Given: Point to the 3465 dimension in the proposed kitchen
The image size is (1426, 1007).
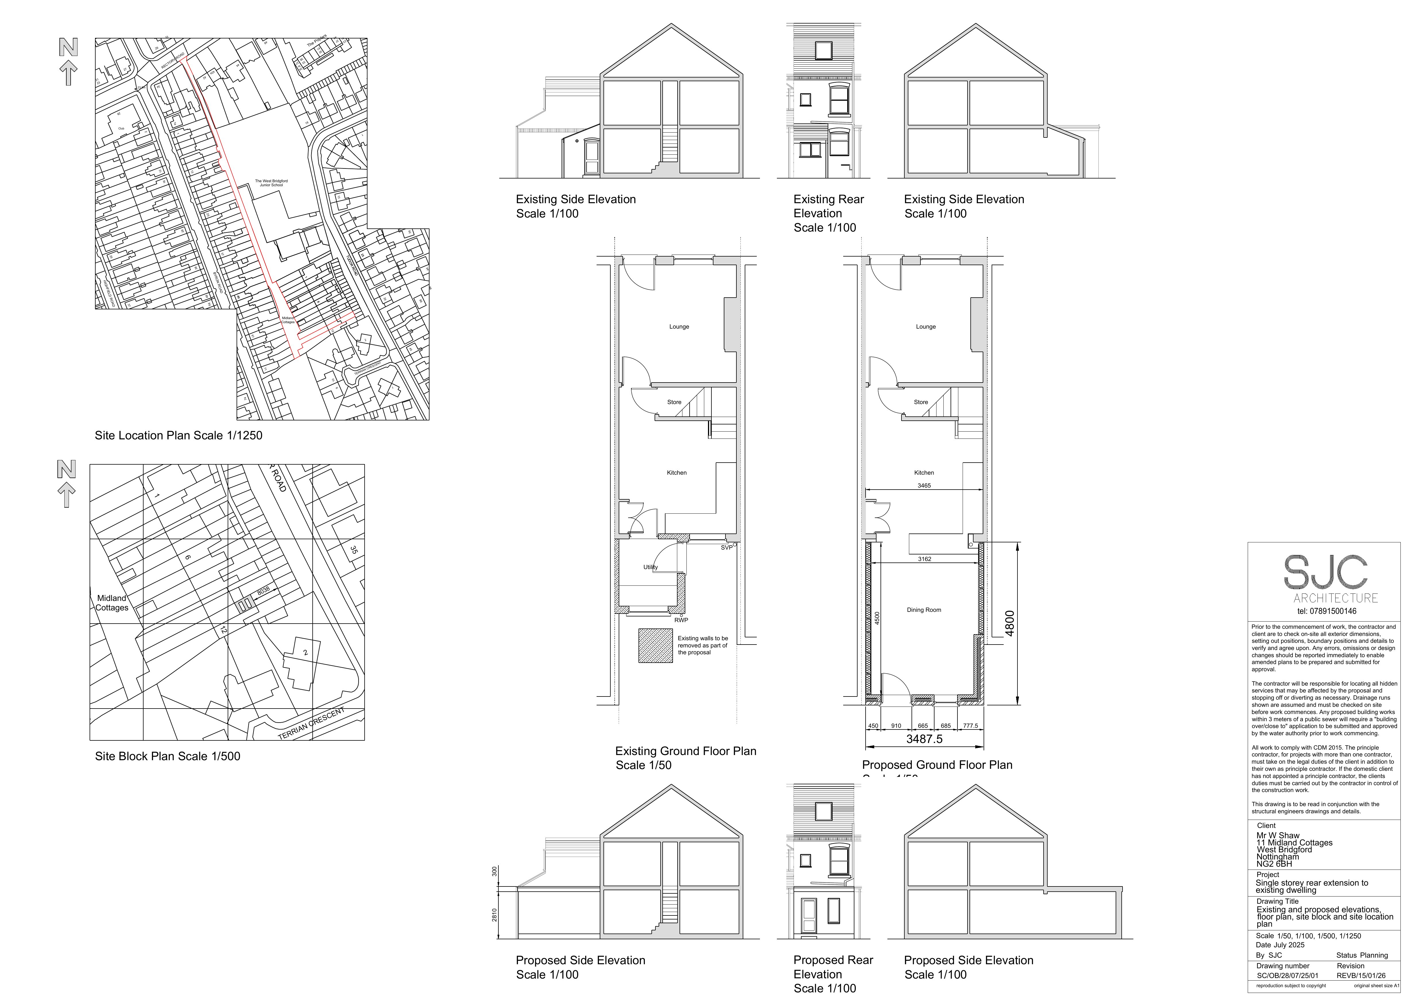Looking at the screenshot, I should click(x=924, y=486).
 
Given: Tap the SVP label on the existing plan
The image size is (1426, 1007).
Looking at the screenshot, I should click(x=726, y=548).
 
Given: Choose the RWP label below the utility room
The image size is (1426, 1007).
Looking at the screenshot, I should click(x=681, y=620).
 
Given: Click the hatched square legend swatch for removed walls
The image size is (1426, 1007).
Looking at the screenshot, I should click(x=655, y=646).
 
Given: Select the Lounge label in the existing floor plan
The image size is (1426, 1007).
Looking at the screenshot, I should click(x=679, y=327).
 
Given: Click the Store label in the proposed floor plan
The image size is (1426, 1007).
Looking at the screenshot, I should click(x=920, y=402).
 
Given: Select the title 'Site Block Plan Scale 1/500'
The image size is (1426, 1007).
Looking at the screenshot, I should click(x=167, y=756).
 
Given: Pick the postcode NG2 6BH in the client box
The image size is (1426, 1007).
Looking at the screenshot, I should click(x=1274, y=864).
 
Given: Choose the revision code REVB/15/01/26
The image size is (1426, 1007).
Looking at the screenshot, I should click(x=1361, y=975).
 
